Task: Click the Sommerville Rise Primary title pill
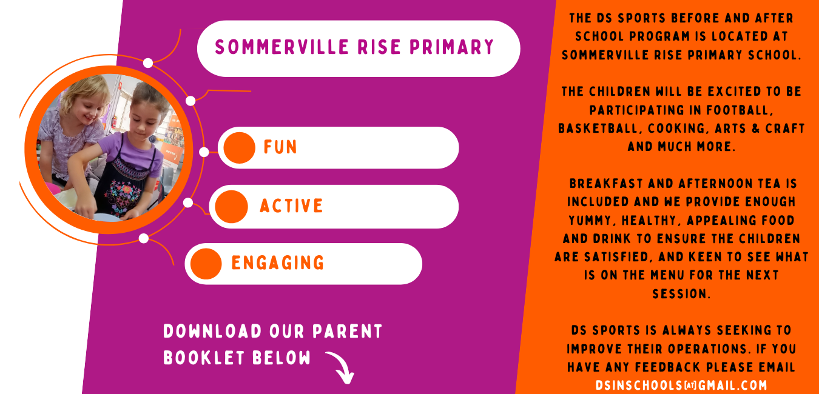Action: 358,48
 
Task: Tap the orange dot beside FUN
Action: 239,148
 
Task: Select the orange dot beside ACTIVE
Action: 231,207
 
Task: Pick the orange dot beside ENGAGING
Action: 206,264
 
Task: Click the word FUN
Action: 280,147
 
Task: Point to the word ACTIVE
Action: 291,206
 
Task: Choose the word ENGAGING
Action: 278,263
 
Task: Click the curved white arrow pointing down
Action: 341,367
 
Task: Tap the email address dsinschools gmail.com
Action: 681,386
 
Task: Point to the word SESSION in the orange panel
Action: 681,294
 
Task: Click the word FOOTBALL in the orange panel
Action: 741,110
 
